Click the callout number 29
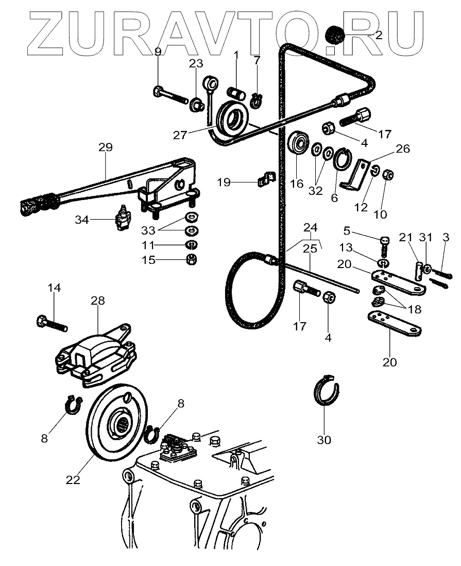pos(105,147)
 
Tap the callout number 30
pos(325,440)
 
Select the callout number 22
pos(73,479)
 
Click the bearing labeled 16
pos(299,143)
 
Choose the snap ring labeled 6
pos(343,159)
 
